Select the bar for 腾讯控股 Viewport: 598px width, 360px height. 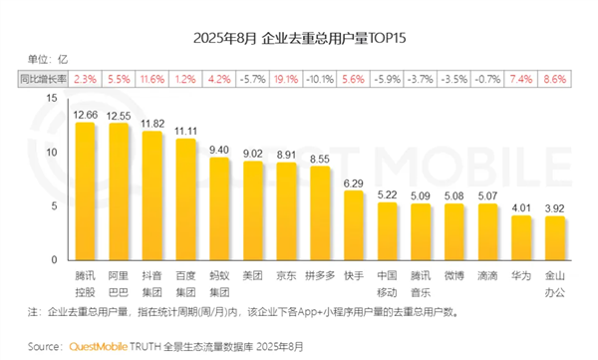85,189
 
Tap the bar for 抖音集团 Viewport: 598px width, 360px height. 152,193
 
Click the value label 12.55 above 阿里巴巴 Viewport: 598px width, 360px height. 119,115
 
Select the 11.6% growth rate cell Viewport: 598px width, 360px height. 152,78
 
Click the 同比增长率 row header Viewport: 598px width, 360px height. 41,78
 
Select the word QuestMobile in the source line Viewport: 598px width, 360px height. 95,347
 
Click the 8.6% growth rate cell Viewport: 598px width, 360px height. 554,78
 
